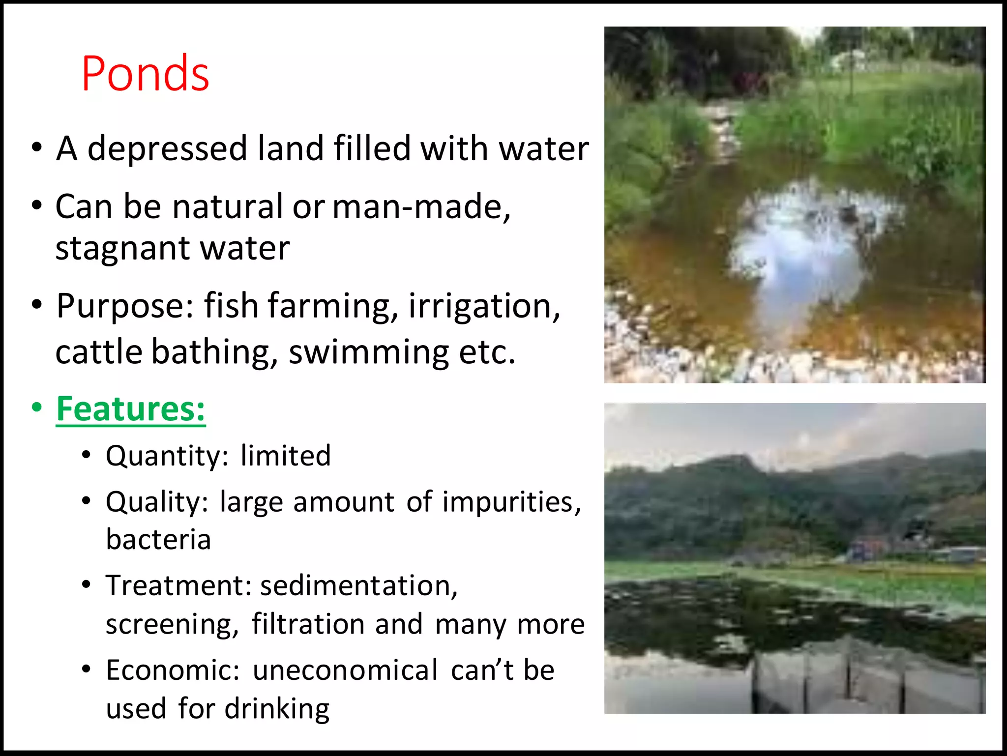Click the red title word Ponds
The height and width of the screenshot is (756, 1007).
point(145,74)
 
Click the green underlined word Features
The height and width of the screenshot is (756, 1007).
point(130,409)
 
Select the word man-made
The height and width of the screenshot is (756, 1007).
point(421,206)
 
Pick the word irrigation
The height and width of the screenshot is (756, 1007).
point(484,306)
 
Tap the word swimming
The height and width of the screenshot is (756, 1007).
point(368,352)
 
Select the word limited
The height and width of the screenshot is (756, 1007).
point(286,455)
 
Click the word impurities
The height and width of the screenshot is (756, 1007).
point(511,502)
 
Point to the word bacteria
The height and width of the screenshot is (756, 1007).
point(158,540)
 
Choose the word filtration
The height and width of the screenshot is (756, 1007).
point(308,624)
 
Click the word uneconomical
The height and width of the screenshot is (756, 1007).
point(345,670)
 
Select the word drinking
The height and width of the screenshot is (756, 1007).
point(277,709)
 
